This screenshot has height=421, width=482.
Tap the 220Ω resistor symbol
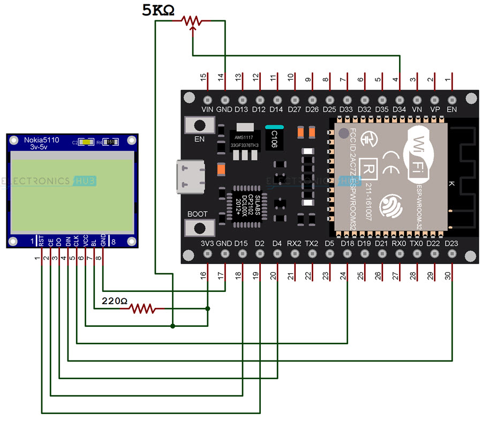point(142,308)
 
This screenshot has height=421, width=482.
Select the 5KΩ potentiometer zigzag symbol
point(192,21)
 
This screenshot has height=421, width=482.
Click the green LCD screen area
point(72,193)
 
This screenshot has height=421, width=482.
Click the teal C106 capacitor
point(273,138)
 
